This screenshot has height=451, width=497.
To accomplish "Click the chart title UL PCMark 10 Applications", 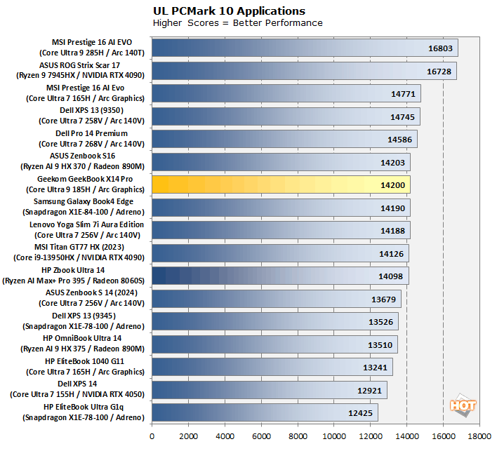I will pyautogui.click(x=229, y=11).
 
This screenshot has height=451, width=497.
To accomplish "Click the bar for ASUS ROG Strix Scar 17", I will pyautogui.click(x=304, y=71).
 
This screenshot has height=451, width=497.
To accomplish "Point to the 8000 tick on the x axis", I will pyautogui.click(x=298, y=435).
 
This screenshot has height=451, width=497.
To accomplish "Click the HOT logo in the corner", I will pyautogui.click(x=463, y=406).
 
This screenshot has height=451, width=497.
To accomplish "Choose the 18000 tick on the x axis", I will pyautogui.click(x=479, y=435).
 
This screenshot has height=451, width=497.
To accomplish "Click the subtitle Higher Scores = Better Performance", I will pyautogui.click(x=237, y=23).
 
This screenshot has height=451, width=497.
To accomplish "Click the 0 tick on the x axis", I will pyautogui.click(x=152, y=435).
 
